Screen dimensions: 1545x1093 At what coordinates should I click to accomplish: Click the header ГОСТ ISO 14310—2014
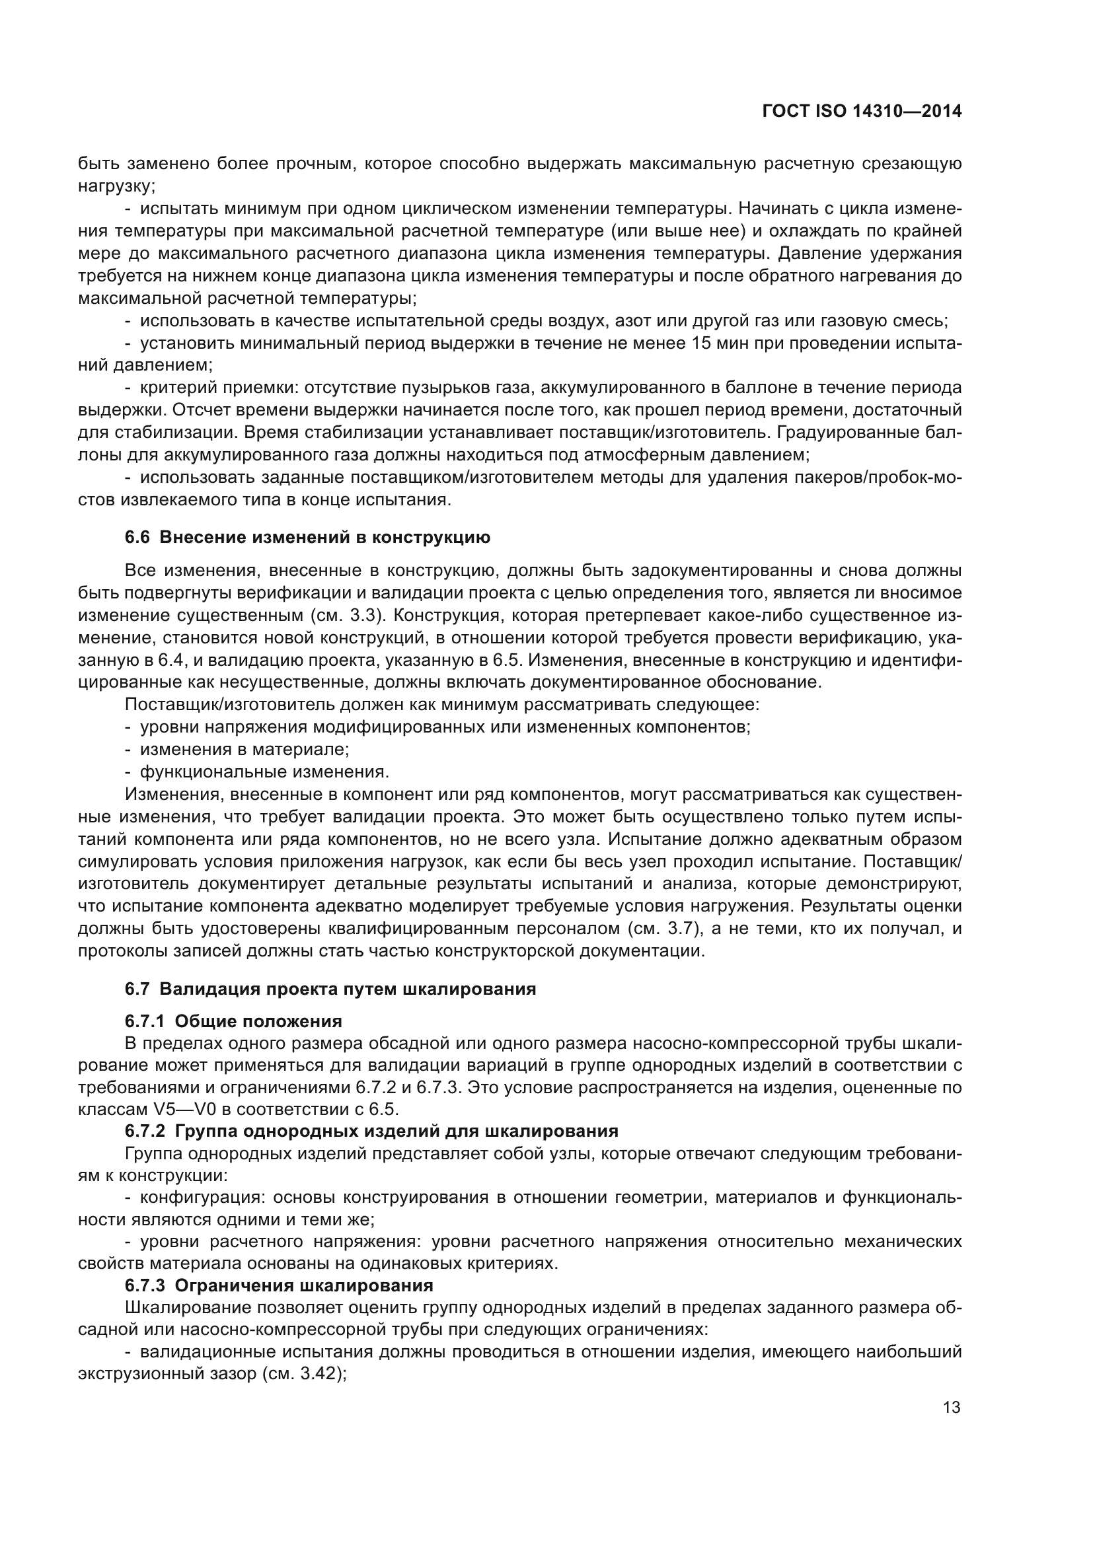(x=862, y=112)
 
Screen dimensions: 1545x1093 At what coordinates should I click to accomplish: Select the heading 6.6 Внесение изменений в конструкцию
(x=307, y=537)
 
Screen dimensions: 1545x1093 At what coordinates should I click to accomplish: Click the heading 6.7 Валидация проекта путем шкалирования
(x=330, y=989)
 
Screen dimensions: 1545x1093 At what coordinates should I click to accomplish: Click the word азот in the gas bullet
(x=634, y=320)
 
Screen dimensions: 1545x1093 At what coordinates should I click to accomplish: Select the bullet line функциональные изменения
(x=264, y=771)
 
